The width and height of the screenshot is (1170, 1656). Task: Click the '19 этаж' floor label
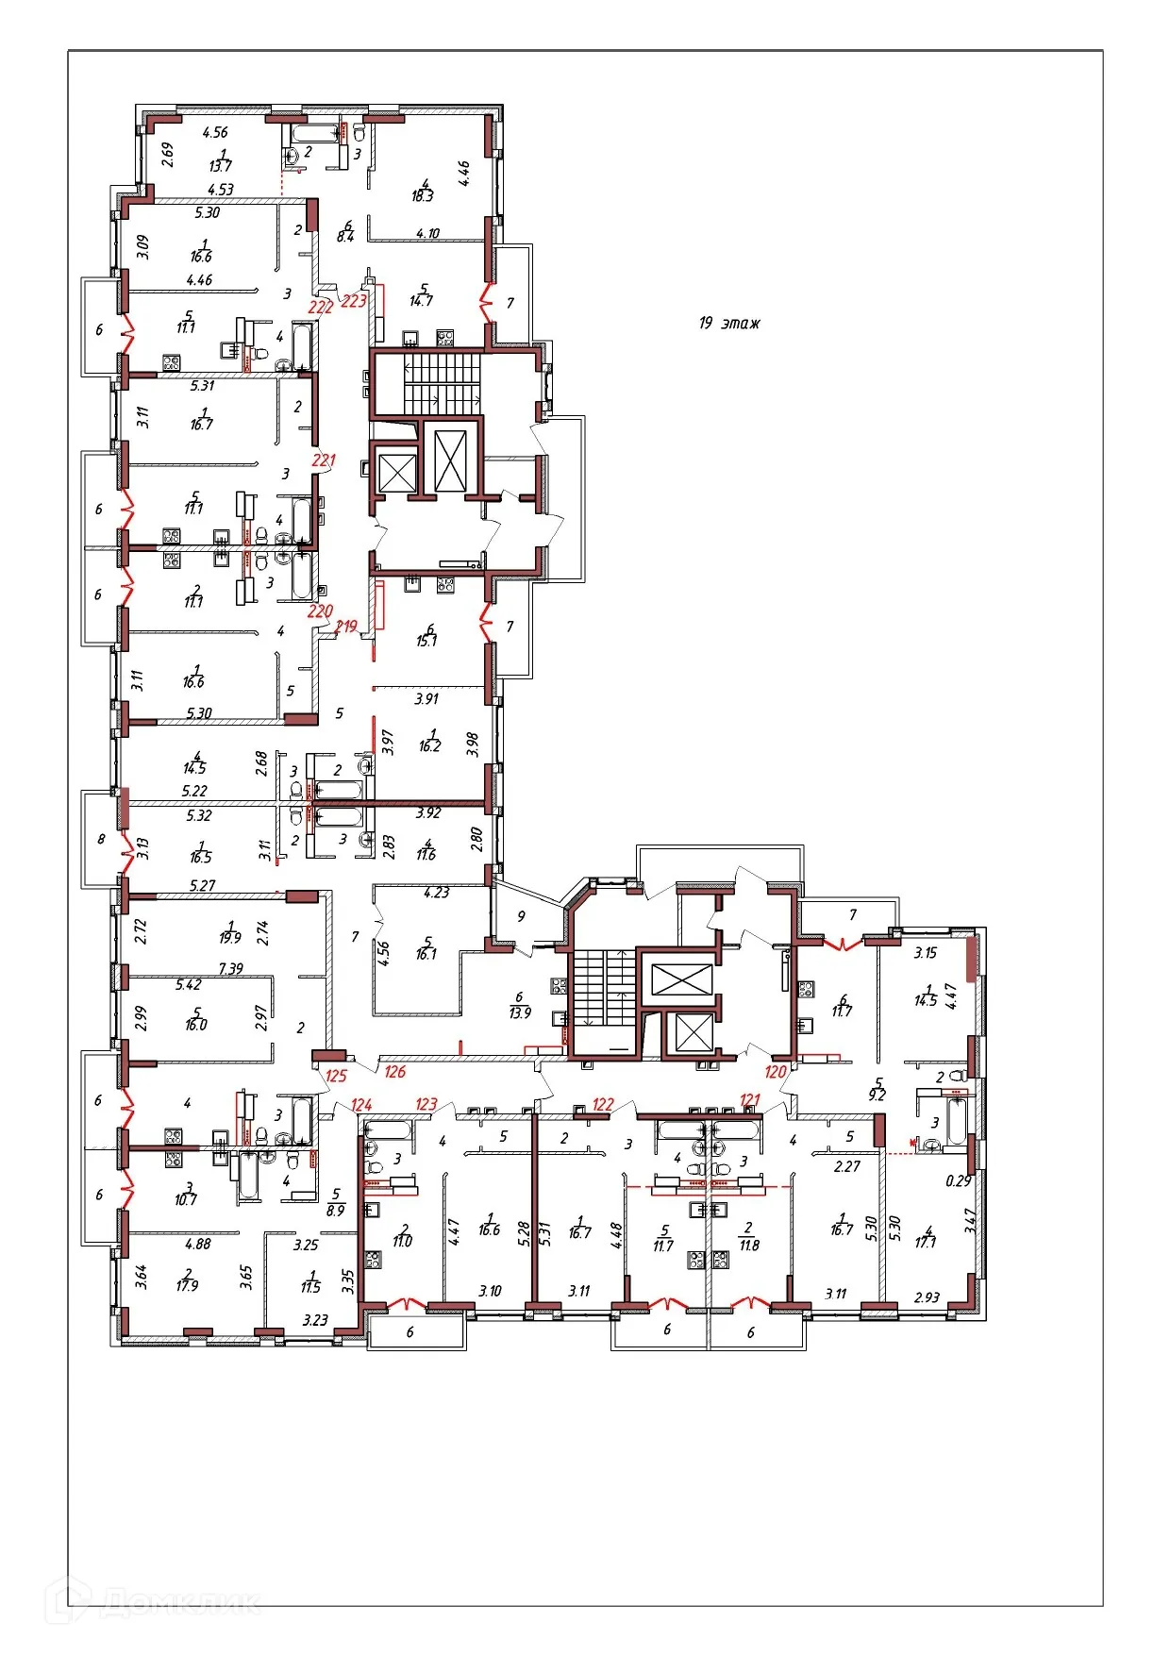[x=728, y=324]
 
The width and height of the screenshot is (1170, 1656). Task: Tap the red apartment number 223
[x=354, y=301]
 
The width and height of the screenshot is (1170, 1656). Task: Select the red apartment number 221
[x=324, y=460]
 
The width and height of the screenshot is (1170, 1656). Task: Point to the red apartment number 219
[x=346, y=626]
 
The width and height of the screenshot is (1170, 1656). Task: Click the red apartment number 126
[x=394, y=1071]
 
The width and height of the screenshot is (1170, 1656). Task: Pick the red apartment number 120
[x=776, y=1071]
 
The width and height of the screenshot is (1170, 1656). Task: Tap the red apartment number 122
[x=603, y=1104]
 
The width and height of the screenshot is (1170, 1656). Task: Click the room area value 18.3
[x=422, y=196]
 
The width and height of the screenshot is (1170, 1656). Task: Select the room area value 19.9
[x=230, y=938]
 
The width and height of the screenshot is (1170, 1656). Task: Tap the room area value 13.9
[x=519, y=1012]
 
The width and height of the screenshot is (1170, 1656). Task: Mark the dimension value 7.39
[x=231, y=969]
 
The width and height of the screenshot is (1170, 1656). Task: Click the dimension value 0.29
[x=959, y=1180]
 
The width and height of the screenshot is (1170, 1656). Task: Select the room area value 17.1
[x=926, y=1243]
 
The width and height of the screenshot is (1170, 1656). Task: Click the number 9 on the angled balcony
[x=521, y=915]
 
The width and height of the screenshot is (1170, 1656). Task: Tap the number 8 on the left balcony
[x=101, y=839]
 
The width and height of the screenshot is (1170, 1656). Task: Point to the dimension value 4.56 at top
[x=215, y=133]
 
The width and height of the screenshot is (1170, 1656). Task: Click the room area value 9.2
[x=877, y=1096]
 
